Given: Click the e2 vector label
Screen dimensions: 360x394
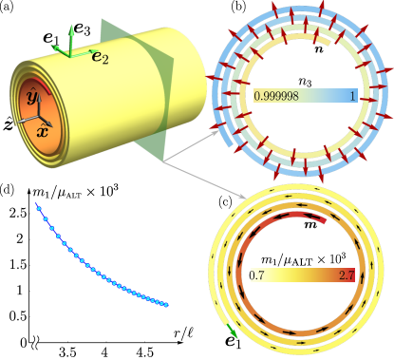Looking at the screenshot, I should tap(99, 59).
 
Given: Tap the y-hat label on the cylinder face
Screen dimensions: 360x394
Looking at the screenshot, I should tap(31, 98).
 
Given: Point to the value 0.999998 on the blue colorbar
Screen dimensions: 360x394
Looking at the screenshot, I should tap(278, 97).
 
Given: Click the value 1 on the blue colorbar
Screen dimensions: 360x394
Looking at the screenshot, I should tap(352, 97).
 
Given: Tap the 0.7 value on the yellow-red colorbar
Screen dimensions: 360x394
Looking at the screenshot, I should tap(257, 275).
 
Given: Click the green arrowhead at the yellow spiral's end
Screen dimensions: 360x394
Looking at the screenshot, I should tap(232, 332).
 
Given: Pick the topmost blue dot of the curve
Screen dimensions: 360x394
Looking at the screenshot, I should tap(37, 205).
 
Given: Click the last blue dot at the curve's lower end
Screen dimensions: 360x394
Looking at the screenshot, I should tap(167, 305).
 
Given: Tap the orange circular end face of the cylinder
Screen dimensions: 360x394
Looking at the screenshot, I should tap(36, 113).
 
